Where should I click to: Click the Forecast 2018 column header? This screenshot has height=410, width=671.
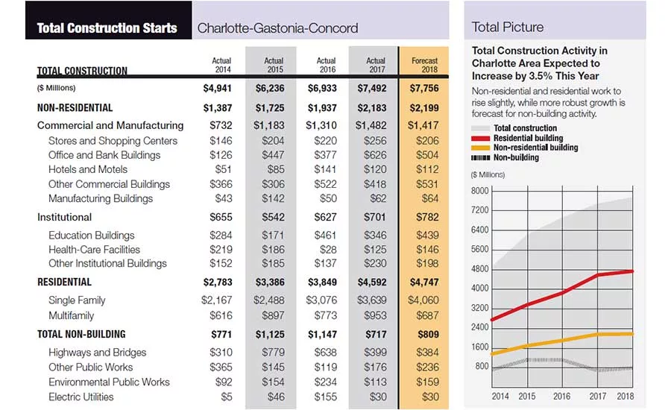pos(424,65)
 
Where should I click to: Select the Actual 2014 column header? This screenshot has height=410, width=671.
pos(221,65)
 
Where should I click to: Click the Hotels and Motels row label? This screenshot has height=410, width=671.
pos(88,169)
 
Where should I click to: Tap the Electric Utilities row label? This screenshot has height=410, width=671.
pos(81,397)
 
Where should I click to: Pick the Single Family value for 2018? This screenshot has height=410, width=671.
pos(423,300)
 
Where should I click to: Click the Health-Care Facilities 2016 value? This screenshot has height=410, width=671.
pos(328,250)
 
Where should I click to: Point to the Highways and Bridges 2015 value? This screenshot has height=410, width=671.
pos(273,352)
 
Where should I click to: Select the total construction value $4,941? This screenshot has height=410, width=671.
pos(218,88)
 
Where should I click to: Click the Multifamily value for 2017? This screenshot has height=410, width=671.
pos(375,315)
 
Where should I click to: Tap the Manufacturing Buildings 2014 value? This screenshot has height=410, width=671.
pos(224,198)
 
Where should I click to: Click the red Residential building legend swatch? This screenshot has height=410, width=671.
pos(480,138)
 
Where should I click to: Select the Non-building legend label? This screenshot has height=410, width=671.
pos(516,157)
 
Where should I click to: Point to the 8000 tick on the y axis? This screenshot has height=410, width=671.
pos(479,190)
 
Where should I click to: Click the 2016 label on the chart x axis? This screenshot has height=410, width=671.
pos(561,397)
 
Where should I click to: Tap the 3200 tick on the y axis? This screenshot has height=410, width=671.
pos(479,308)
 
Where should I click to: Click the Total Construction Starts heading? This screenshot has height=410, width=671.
pos(107,28)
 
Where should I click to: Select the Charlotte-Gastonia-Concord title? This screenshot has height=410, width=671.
pos(277,28)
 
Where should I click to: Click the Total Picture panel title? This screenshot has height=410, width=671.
pos(508,27)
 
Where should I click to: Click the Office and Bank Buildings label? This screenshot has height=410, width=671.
pos(104,155)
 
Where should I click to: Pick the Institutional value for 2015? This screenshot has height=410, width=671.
pos(273,217)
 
